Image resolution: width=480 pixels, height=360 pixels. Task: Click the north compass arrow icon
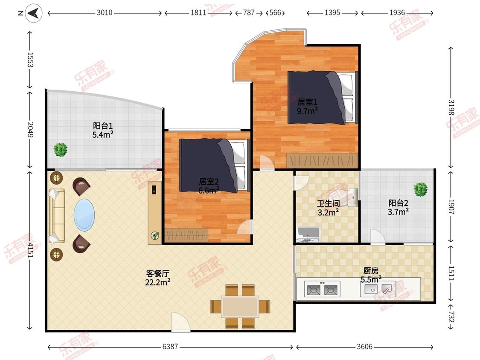[x=33, y=13]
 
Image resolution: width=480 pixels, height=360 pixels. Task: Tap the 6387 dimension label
[x=170, y=346]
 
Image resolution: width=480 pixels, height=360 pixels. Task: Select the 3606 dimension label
[x=365, y=346]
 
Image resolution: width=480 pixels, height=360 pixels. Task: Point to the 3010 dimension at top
[x=105, y=12]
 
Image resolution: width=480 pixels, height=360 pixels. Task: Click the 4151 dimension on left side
[x=30, y=250]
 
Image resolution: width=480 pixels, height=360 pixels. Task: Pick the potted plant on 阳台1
[x=60, y=150]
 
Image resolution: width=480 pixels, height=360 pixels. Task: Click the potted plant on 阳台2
[x=421, y=189]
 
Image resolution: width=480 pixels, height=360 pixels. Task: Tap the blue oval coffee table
[x=84, y=215]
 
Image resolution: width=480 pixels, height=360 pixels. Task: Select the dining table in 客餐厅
[x=240, y=306]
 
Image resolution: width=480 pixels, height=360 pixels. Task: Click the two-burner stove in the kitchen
[x=323, y=289]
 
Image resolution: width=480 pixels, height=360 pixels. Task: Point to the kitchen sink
[x=378, y=289]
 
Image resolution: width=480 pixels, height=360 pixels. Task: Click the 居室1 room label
[x=307, y=102]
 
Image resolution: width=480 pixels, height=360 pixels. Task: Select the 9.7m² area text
[x=307, y=110]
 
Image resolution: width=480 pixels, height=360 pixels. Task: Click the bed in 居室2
[x=215, y=165]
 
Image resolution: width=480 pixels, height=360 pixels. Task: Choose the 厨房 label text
[x=371, y=270]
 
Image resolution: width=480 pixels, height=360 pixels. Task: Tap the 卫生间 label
[x=328, y=203]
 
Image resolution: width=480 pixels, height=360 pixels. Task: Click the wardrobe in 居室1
[x=323, y=160]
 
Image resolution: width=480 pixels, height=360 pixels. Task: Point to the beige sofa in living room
[x=57, y=216]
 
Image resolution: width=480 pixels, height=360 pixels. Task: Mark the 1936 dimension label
[x=397, y=12]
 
